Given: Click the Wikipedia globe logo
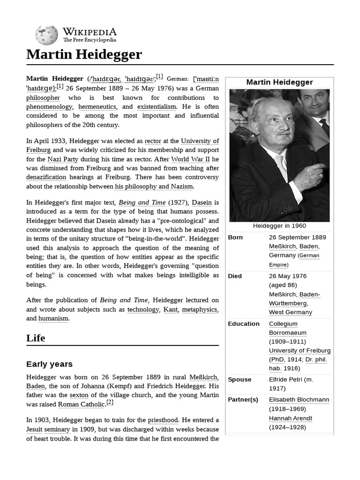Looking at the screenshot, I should tap(46, 34).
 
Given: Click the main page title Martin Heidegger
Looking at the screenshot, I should tap(84, 54).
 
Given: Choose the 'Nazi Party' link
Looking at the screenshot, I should tap(63, 159).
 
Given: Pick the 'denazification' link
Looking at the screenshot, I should tap(46, 177).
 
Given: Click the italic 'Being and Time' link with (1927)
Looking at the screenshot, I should tap(142, 203).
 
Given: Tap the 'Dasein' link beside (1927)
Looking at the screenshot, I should tap(202, 203).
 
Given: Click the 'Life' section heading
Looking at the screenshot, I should tap(36, 338).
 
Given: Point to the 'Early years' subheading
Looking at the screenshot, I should tap(49, 364).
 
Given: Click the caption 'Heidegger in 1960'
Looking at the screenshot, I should tap(279, 225).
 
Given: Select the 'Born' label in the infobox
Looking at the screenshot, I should tap(235, 237).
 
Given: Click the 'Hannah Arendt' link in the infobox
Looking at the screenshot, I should tap(290, 418).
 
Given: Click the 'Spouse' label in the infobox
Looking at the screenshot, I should tap(240, 379).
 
